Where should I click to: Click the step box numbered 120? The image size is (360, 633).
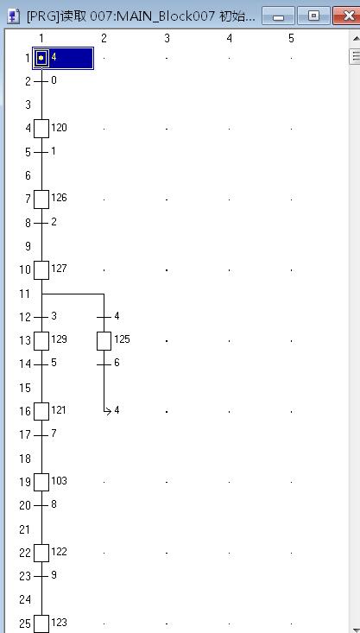(41, 129)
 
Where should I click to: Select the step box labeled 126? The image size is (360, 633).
(41, 199)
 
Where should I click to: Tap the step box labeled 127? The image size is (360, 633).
(41, 270)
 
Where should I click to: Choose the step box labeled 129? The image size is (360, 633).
(41, 341)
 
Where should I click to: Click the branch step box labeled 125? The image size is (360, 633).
(104, 341)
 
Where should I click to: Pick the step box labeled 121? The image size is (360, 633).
(41, 412)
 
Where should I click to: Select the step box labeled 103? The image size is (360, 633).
(41, 483)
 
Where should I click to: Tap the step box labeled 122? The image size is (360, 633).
(41, 553)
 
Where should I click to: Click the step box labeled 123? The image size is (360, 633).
(41, 624)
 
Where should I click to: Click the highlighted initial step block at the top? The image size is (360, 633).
(63, 58)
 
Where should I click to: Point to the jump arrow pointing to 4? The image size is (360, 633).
(108, 411)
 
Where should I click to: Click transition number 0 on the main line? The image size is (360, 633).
(41, 81)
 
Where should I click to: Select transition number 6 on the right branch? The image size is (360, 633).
(104, 364)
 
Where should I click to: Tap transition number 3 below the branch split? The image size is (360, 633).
(41, 317)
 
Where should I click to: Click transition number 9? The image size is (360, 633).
(41, 577)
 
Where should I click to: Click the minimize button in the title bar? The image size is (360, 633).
(278, 16)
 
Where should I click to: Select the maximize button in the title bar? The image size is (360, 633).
(313, 16)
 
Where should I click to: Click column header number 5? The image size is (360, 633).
(292, 38)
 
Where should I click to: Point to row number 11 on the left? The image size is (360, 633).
(25, 294)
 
